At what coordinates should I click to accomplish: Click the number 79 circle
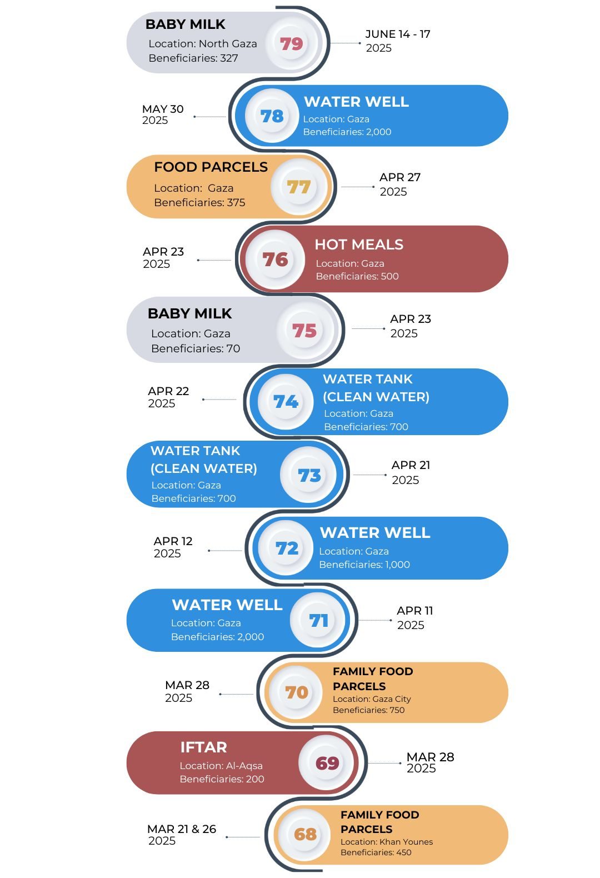(x=292, y=43)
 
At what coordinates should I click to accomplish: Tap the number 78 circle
(x=272, y=116)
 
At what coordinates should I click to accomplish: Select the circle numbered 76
(x=276, y=260)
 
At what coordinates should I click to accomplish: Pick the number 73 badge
(x=309, y=476)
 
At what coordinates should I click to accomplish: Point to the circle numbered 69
(x=327, y=763)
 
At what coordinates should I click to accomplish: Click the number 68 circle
(x=305, y=834)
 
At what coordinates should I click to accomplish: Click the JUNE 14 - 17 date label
(x=397, y=41)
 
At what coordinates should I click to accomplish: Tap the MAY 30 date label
(x=162, y=114)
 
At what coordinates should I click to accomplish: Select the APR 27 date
(x=399, y=184)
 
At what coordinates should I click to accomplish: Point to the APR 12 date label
(x=173, y=547)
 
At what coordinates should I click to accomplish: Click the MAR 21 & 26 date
(x=181, y=834)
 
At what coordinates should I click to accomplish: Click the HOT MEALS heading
(x=359, y=245)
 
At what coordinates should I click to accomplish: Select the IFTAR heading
(x=203, y=747)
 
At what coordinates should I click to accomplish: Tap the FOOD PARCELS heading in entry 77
(x=211, y=167)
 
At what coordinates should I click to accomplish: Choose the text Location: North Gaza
(x=202, y=44)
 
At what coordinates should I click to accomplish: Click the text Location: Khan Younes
(x=386, y=842)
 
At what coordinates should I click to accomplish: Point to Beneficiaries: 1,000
(x=364, y=565)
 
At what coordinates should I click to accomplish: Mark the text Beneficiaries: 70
(x=195, y=348)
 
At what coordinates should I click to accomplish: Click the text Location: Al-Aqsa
(x=221, y=766)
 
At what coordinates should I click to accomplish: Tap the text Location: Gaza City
(x=372, y=699)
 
